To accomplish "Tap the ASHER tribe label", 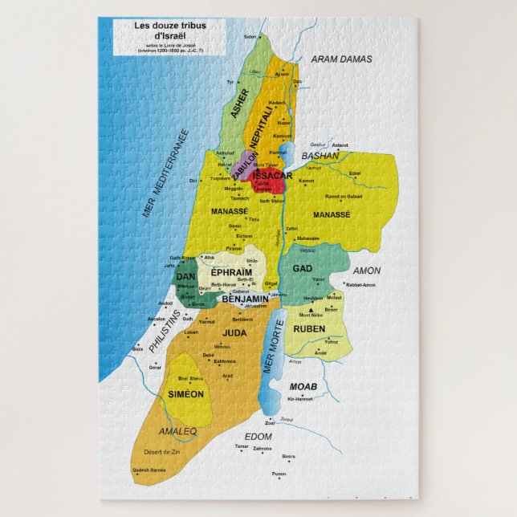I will [x=240, y=103].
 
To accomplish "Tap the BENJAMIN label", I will [x=244, y=299].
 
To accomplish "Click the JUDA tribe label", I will [x=234, y=332].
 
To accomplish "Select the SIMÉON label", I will [x=186, y=394].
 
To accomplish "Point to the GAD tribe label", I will [x=303, y=268].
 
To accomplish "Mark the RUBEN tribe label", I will [x=309, y=328].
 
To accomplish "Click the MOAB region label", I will [x=303, y=387].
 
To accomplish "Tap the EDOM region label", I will [x=259, y=436].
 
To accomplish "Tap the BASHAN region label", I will [x=317, y=156].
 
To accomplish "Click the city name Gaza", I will [x=137, y=349].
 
